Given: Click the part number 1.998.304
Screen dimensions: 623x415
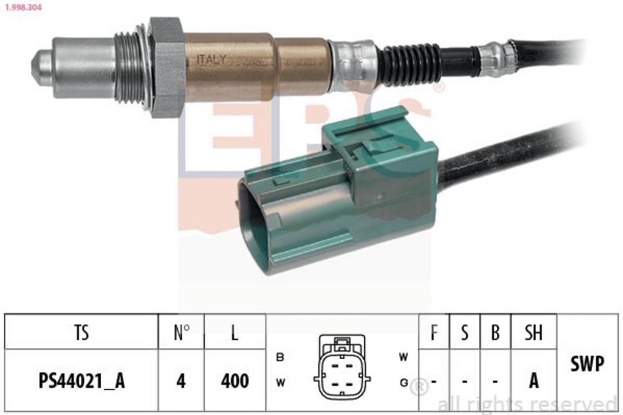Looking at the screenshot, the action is [x=23, y=7].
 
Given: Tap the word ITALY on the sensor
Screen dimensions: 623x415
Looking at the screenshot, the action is [x=211, y=60].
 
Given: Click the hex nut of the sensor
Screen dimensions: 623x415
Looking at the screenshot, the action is [x=166, y=67].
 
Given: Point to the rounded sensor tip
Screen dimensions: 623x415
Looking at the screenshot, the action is [x=42, y=67].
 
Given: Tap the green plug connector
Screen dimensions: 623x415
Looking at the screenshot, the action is [x=337, y=191].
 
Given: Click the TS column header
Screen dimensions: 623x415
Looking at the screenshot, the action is [x=82, y=332].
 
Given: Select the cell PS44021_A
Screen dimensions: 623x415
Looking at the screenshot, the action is [x=82, y=381].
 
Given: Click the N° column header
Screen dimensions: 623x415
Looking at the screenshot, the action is [x=181, y=332].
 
